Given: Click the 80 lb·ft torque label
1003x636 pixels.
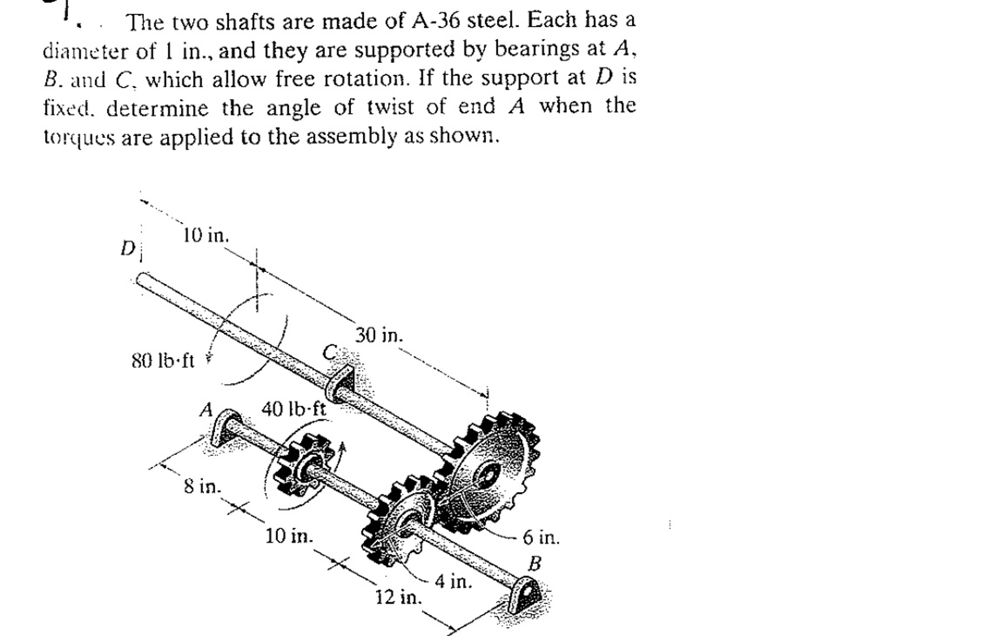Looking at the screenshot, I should (163, 361).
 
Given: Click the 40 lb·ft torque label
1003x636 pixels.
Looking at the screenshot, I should (293, 408).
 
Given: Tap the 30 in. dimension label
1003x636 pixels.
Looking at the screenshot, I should (379, 336).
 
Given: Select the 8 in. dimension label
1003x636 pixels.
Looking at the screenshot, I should (202, 487).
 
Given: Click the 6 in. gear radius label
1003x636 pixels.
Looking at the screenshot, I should (541, 537).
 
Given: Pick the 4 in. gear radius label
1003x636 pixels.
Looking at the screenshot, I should (453, 582).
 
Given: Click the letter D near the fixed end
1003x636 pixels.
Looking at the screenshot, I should (127, 249).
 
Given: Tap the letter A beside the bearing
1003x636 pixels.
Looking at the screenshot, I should (206, 409).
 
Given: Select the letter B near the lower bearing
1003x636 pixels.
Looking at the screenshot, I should (534, 564).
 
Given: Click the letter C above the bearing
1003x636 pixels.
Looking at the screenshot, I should (330, 352).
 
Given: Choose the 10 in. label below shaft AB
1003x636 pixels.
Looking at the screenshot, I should (289, 536).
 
